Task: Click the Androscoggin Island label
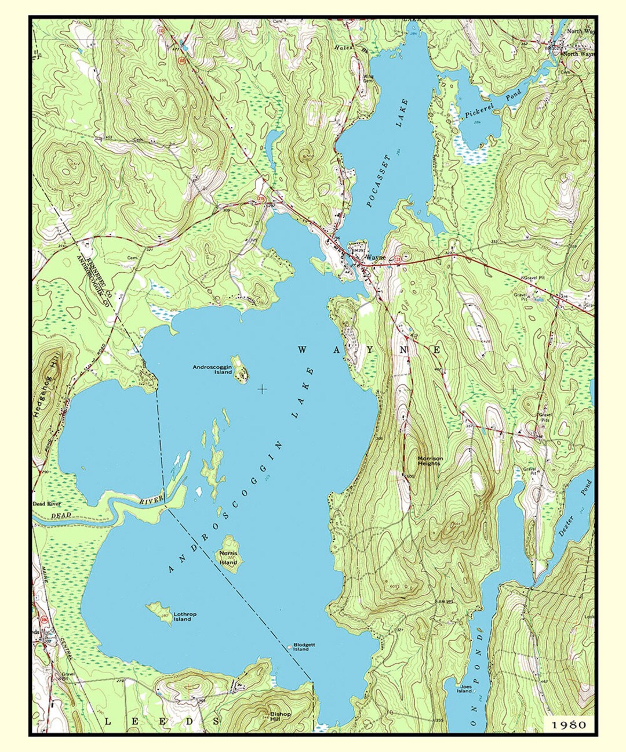(x=212, y=369)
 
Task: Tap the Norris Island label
(x=228, y=558)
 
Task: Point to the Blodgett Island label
(x=305, y=646)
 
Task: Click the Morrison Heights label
(x=430, y=461)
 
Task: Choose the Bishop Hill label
(x=281, y=716)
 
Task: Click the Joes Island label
(x=464, y=689)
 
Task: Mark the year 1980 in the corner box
(x=568, y=724)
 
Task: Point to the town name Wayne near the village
(x=376, y=257)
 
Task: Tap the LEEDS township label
(x=162, y=721)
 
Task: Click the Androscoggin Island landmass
(x=239, y=370)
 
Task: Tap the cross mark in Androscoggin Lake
(x=262, y=389)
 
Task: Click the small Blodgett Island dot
(x=290, y=645)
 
